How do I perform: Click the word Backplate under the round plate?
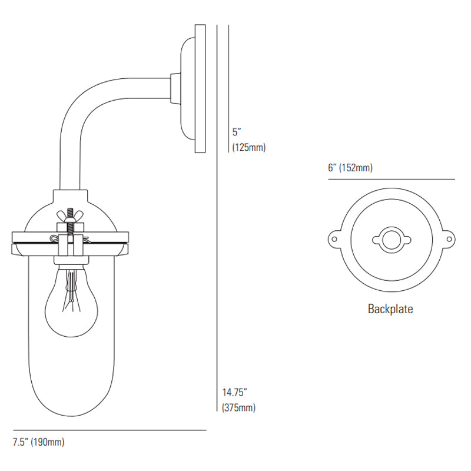(x=390, y=309)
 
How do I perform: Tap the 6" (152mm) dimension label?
(x=350, y=167)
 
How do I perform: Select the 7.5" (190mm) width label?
(x=38, y=442)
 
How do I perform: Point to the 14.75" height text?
(x=234, y=392)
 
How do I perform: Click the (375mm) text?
(x=238, y=407)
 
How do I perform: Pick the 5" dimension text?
(x=237, y=132)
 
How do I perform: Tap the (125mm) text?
(x=249, y=148)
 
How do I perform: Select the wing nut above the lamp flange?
(x=70, y=215)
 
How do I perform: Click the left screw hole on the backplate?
(x=334, y=240)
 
